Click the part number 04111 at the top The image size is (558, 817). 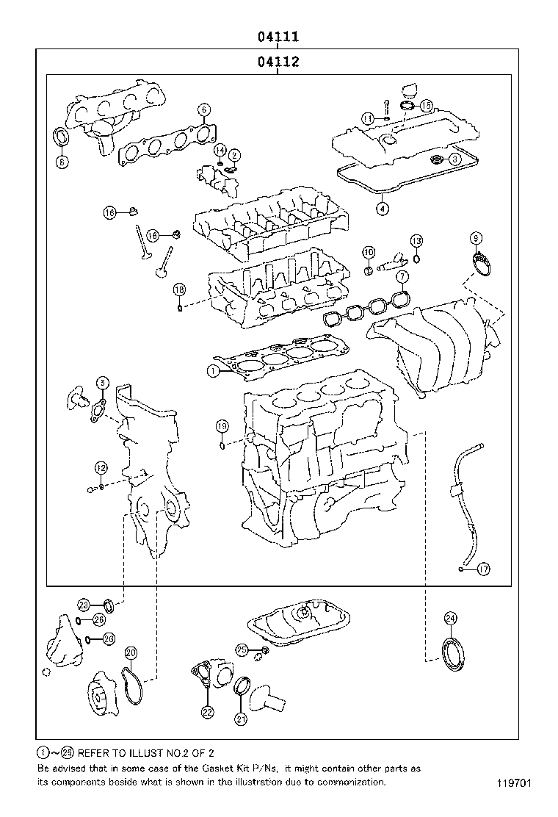(x=277, y=36)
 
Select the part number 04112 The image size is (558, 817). (x=277, y=62)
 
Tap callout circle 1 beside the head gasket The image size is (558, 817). (x=212, y=372)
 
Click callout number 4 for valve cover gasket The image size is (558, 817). (x=382, y=209)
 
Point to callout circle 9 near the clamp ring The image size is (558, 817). (x=477, y=238)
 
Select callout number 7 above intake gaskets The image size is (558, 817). (x=402, y=276)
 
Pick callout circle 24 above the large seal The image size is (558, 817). (x=450, y=618)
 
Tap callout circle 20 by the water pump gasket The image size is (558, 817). (x=131, y=652)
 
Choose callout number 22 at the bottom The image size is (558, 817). (x=208, y=711)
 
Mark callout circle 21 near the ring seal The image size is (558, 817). (x=241, y=719)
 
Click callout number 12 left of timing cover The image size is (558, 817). (x=101, y=467)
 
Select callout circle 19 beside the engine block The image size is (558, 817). (x=222, y=426)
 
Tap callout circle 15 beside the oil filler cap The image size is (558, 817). (x=426, y=106)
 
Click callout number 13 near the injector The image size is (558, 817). (x=416, y=241)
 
